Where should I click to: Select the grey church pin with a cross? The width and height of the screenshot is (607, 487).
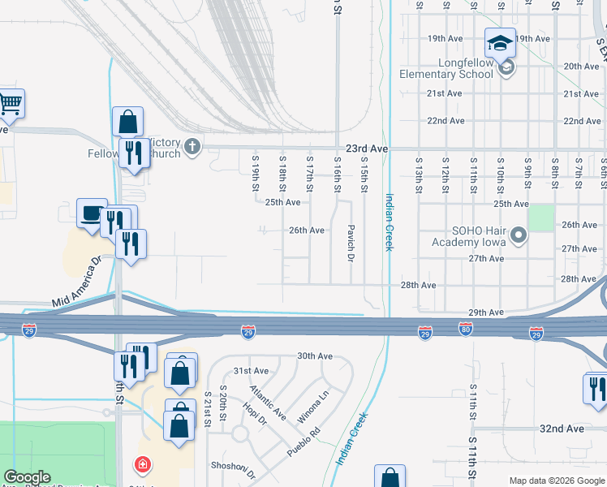[x=192, y=147]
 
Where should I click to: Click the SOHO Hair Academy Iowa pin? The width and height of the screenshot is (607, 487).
[x=520, y=237]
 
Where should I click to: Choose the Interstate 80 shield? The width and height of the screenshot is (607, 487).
[x=465, y=332]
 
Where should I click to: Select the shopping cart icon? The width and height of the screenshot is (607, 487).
[x=10, y=103]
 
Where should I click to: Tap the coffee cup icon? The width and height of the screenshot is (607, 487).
[x=91, y=213]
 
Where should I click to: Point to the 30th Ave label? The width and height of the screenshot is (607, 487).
[x=315, y=356]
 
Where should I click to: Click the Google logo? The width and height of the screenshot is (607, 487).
[x=28, y=477]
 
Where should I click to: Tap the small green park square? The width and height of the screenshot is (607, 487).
[x=540, y=218]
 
